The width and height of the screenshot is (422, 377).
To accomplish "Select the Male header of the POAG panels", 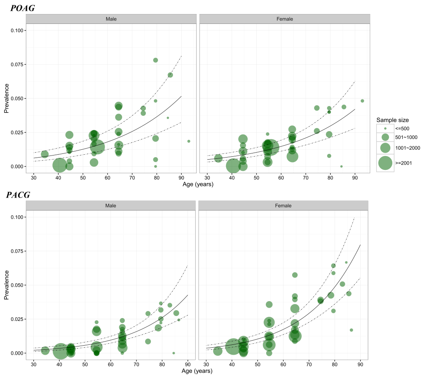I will point(111,19).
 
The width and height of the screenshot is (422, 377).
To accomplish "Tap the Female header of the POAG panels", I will point(284,19).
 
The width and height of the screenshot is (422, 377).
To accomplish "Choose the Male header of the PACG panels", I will point(111,205).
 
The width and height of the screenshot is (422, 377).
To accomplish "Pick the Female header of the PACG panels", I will point(283,205).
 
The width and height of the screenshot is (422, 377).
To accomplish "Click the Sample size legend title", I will point(392,120).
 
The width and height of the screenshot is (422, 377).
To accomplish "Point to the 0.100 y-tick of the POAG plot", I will point(19,31).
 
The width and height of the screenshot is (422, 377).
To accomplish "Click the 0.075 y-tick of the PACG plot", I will point(19,251).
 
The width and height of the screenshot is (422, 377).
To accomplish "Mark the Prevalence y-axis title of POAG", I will point(7,98).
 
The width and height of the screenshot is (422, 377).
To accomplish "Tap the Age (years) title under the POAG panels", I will point(198,184).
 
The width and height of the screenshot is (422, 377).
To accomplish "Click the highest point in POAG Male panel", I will point(156,60).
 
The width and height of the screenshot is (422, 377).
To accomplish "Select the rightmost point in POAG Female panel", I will point(362,101).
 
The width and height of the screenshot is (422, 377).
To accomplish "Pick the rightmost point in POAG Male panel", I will point(189,141).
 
